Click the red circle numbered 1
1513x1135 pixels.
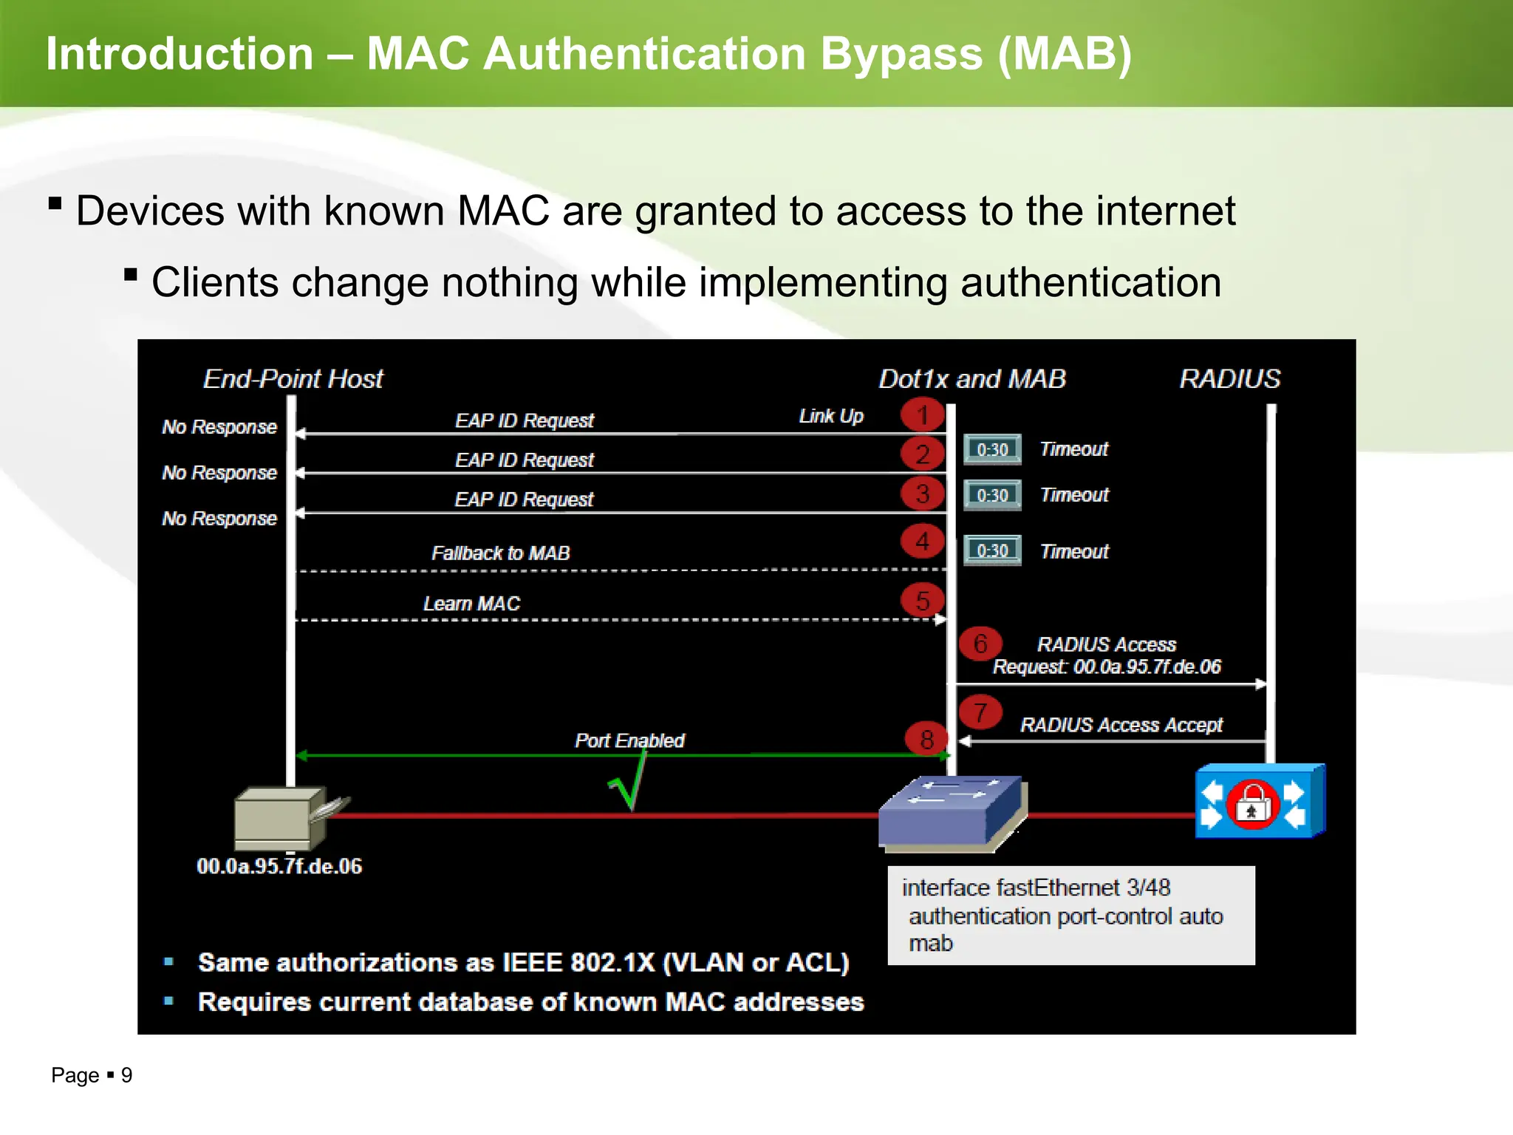pyautogui.click(x=922, y=415)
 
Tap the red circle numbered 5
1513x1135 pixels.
pyautogui.click(x=922, y=600)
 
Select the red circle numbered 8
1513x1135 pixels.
pyautogui.click(x=926, y=738)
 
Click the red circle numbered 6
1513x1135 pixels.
pyautogui.click(x=980, y=644)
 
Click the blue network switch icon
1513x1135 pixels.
pyautogui.click(x=951, y=811)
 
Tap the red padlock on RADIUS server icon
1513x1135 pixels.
pyautogui.click(x=1252, y=805)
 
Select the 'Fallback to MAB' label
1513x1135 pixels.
pyautogui.click(x=500, y=553)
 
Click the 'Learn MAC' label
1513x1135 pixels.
pyautogui.click(x=471, y=603)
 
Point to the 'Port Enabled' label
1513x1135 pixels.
pyautogui.click(x=629, y=740)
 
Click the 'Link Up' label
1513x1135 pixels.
pyautogui.click(x=830, y=416)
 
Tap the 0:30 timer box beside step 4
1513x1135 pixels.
pyautogui.click(x=992, y=551)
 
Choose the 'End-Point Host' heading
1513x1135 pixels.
pyautogui.click(x=293, y=379)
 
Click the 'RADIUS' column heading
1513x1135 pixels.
pyautogui.click(x=1229, y=379)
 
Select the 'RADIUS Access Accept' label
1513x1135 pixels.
pyautogui.click(x=1121, y=725)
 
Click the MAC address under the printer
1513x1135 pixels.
pyautogui.click(x=279, y=866)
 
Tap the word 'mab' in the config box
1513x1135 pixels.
pyautogui.click(x=930, y=944)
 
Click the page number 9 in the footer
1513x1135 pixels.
pyautogui.click(x=126, y=1075)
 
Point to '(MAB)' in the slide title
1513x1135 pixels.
pyautogui.click(x=1064, y=54)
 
